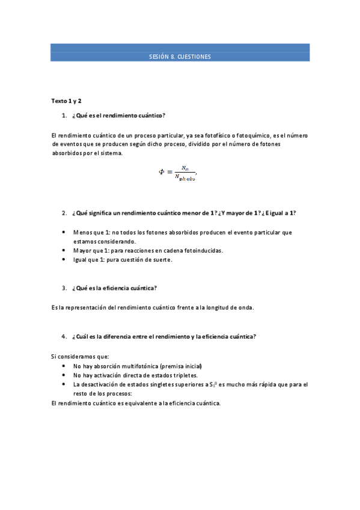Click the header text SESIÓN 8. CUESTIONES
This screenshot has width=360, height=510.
(x=180, y=57)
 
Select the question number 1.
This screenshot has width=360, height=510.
(x=64, y=115)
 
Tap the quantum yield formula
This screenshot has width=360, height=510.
(x=178, y=173)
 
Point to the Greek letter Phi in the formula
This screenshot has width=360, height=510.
(x=162, y=172)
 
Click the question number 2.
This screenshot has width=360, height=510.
(x=64, y=213)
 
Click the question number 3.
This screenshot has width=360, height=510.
(x=64, y=288)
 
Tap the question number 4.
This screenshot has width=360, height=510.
(x=64, y=336)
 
